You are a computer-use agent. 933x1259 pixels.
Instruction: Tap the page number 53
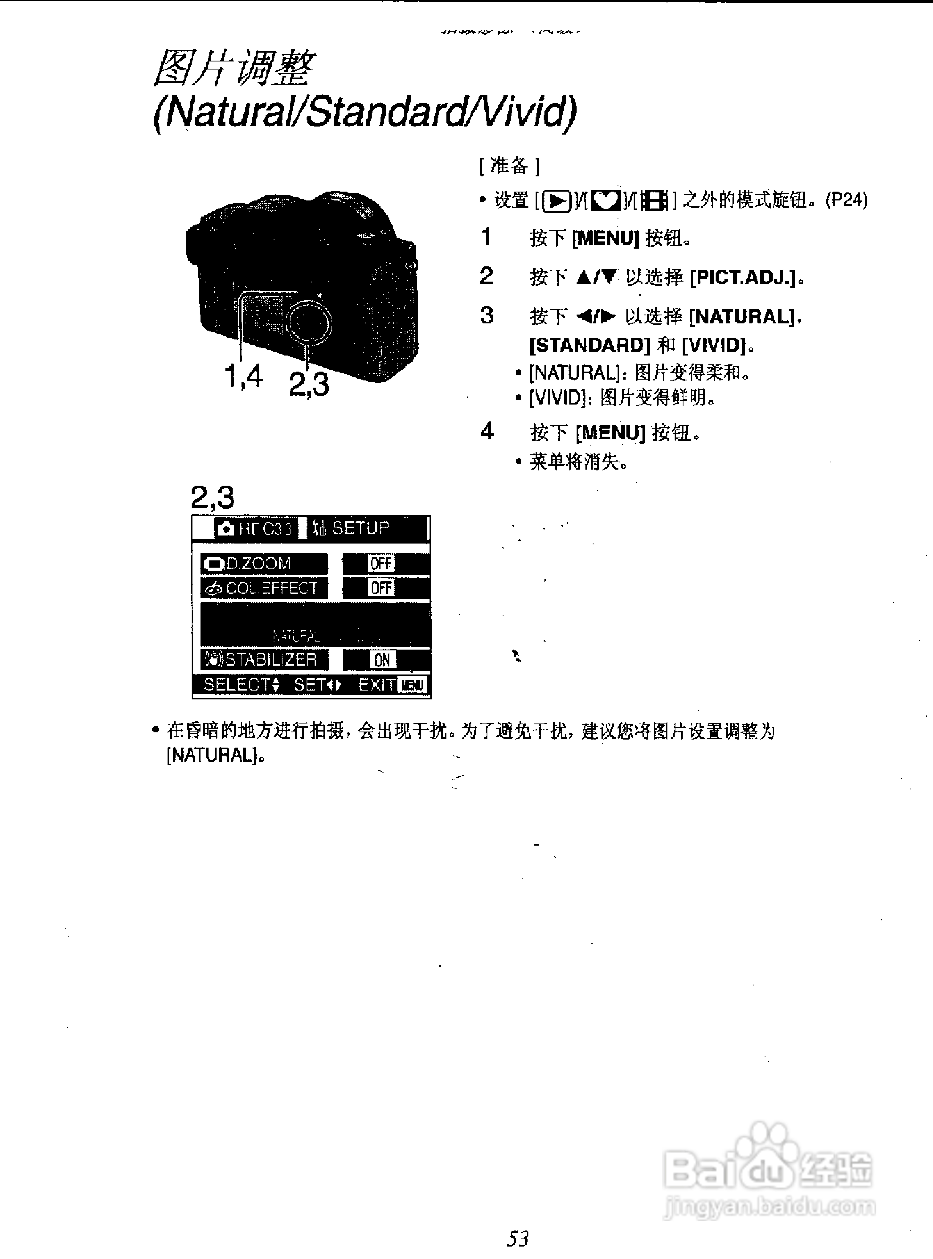pyautogui.click(x=517, y=1238)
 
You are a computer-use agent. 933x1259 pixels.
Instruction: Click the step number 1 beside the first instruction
pyautogui.click(x=486, y=237)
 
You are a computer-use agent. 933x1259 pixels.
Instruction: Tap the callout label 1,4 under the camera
pyautogui.click(x=243, y=376)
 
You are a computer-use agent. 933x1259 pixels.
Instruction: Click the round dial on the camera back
pyautogui.click(x=309, y=322)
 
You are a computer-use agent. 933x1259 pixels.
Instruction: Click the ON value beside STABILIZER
pyautogui.click(x=382, y=659)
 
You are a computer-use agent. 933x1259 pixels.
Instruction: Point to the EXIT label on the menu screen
pyautogui.click(x=376, y=685)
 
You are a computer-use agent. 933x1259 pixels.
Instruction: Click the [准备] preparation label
pyautogui.click(x=509, y=166)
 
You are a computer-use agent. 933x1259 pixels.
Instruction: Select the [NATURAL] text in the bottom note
pyautogui.click(x=212, y=755)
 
